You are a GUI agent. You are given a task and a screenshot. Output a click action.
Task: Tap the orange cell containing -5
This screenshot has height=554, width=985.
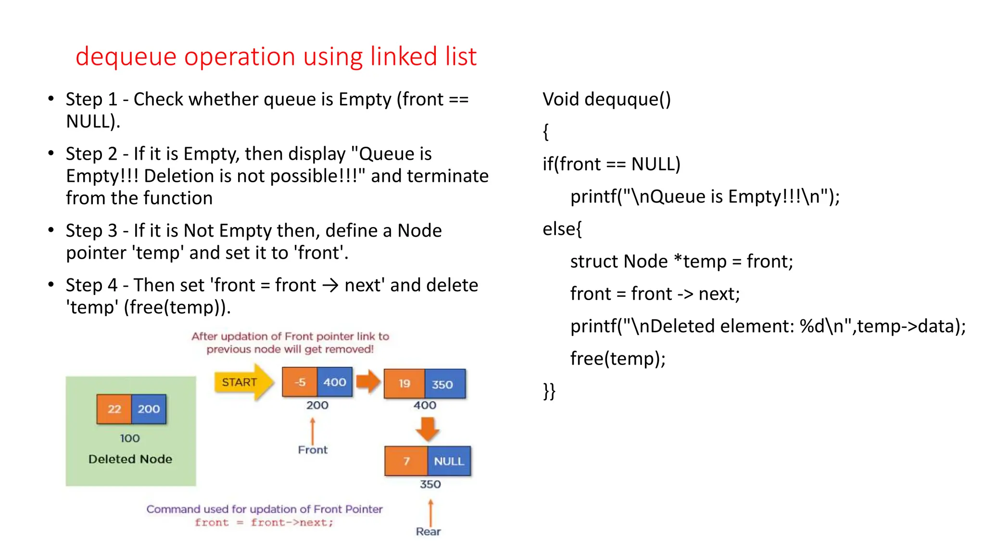300,382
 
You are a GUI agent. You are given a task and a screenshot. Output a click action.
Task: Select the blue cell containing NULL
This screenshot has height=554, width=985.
449,461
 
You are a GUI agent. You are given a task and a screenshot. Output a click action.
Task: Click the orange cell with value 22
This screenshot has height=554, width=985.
114,409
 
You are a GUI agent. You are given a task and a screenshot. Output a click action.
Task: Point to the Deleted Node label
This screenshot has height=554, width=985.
130,459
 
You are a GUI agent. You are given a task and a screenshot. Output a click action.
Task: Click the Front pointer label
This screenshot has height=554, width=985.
313,450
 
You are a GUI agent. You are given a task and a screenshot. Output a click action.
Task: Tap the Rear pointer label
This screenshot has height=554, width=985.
428,531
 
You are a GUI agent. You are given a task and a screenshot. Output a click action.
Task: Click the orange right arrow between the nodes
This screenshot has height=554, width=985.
368,382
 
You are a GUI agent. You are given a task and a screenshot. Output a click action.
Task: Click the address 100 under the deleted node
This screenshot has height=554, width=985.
130,438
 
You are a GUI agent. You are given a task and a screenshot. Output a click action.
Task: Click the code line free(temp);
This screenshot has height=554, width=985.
618,359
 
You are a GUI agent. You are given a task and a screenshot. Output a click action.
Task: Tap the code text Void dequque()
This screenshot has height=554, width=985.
606,99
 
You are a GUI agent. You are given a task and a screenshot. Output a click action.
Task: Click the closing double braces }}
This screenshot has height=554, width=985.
549,391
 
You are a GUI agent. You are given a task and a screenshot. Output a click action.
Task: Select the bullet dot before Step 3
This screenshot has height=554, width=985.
51,230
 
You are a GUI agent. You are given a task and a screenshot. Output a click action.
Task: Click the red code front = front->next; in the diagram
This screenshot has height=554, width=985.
264,523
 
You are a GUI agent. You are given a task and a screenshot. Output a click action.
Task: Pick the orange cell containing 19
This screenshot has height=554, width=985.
404,384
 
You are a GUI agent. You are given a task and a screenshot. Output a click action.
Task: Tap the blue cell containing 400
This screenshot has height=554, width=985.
335,382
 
